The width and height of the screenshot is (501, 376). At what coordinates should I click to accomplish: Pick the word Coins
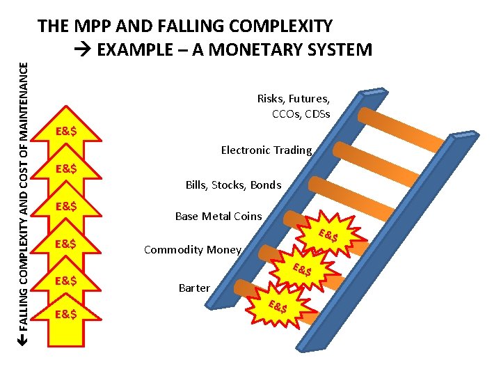coord(248,217)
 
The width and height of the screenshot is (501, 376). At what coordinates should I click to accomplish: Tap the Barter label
coord(194,288)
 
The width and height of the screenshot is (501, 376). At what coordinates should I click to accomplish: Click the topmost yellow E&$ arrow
coord(65,130)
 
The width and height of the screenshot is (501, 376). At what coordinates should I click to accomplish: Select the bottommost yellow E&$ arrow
coord(65,314)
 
